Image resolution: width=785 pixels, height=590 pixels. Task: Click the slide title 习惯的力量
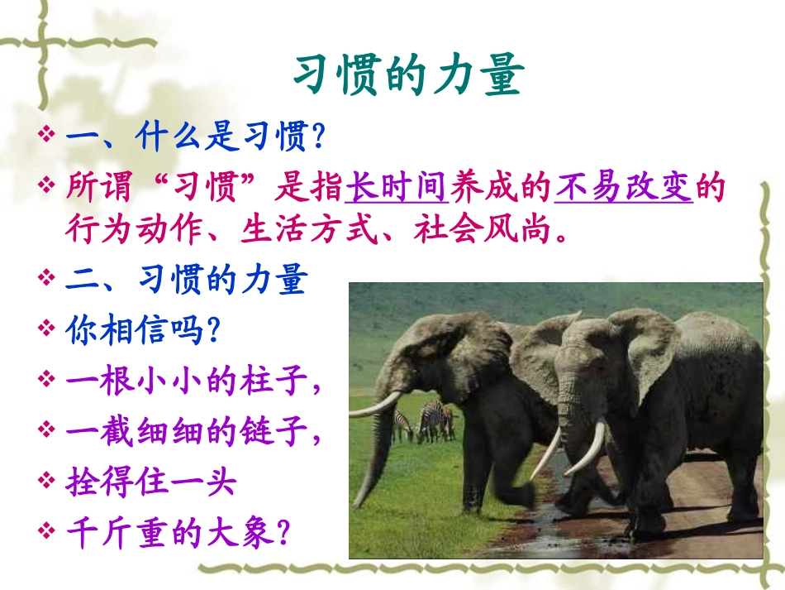click(408, 76)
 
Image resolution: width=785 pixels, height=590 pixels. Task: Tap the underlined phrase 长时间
click(396, 188)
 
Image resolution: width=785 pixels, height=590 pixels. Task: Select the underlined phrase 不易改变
click(624, 188)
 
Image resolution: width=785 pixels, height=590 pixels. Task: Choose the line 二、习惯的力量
click(186, 281)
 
